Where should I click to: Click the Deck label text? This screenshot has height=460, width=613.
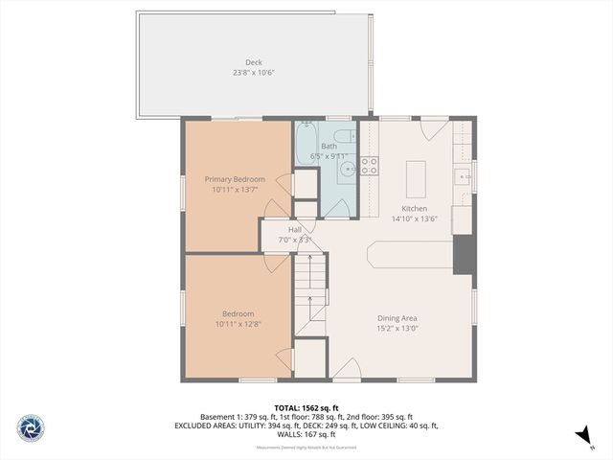point(253,62)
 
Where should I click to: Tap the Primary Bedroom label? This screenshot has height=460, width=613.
point(235,179)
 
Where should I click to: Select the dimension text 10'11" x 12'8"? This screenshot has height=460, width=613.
point(238,324)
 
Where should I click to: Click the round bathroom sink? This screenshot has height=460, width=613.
point(347,170)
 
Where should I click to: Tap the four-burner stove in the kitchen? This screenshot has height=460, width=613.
point(369,166)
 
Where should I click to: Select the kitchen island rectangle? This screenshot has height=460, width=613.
point(415,177)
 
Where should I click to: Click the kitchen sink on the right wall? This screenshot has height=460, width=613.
point(462,175)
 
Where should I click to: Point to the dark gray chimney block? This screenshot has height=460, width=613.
point(464,253)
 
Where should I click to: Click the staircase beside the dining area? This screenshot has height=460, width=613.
point(310,292)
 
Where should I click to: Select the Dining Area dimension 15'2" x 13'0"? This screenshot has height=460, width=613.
point(397,329)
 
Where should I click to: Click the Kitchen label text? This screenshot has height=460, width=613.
point(414,208)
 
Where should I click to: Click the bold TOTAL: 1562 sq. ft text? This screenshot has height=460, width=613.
point(306,407)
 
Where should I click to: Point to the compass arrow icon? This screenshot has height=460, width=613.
point(582,436)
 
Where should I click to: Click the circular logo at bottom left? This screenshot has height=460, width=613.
point(30,428)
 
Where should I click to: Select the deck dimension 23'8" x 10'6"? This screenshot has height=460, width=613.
point(253,73)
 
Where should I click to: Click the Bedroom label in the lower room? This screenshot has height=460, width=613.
point(238,313)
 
